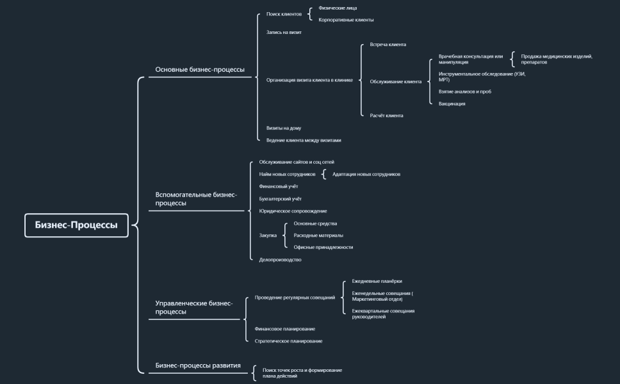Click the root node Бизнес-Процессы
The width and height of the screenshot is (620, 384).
pos(76,225)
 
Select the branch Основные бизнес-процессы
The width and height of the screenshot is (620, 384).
pos(200,70)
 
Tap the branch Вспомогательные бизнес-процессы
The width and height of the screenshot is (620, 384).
pos(196,198)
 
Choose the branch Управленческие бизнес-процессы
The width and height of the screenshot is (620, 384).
pos(194,307)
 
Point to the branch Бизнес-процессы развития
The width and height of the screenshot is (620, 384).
pos(198,365)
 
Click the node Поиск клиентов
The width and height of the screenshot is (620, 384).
pos(284,13)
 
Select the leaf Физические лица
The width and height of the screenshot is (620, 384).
pos(338,8)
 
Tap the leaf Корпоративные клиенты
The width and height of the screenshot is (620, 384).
pos(346,20)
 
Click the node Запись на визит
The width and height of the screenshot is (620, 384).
pos(284,32)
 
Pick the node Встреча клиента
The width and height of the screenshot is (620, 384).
pos(387,45)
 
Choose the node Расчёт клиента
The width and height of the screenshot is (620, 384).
pos(386,116)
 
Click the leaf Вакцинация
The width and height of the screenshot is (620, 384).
pos(452,104)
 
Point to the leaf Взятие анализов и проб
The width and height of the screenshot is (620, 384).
pos(465,92)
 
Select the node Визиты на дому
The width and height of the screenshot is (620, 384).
pos(284,128)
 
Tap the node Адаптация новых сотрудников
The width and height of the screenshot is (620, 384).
pos(366,174)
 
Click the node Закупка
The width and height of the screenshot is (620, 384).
pos(268,236)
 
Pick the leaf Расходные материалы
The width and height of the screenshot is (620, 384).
pos(318,236)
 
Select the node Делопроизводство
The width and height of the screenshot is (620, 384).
pos(280,260)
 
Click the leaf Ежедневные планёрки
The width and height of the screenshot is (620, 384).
pos(377,281)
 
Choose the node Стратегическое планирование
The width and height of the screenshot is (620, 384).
pos(288,341)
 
